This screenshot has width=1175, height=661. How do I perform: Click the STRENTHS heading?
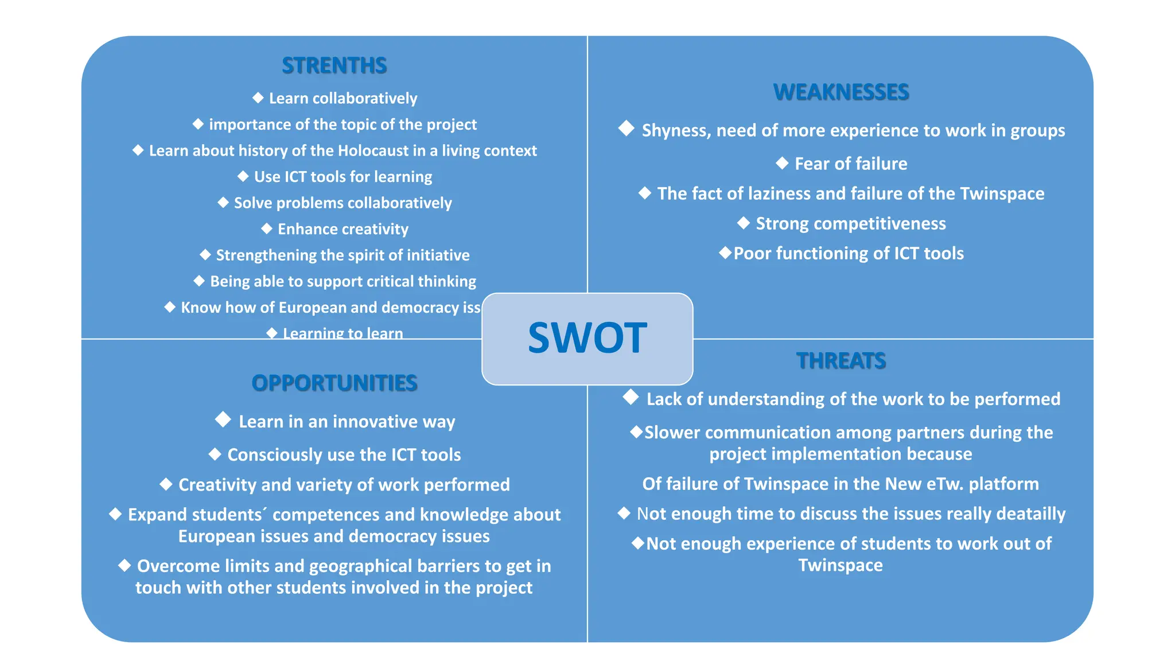pyautogui.click(x=334, y=65)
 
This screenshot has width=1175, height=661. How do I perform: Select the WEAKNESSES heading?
pyautogui.click(x=841, y=92)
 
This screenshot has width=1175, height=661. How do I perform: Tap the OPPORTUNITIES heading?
pyautogui.click(x=334, y=383)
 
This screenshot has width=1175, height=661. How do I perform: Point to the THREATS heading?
pyautogui.click(x=841, y=361)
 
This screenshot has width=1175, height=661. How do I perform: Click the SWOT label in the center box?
pyautogui.click(x=587, y=338)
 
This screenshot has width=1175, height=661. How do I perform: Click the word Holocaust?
pyautogui.click(x=373, y=151)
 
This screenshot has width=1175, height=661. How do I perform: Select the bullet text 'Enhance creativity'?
pyautogui.click(x=343, y=230)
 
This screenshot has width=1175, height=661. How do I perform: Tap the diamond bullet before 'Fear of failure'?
pyautogui.click(x=782, y=163)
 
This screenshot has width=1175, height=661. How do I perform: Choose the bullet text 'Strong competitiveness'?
pyautogui.click(x=851, y=224)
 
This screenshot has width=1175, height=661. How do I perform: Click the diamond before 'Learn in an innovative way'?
pyautogui.click(x=223, y=419)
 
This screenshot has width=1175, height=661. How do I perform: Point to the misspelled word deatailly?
pyautogui.click(x=1030, y=514)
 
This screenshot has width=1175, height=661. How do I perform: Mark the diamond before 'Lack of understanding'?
pyautogui.click(x=631, y=397)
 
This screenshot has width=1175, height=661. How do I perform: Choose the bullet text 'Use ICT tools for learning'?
pyautogui.click(x=343, y=177)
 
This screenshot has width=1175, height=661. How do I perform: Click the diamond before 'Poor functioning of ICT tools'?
pyautogui.click(x=725, y=252)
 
